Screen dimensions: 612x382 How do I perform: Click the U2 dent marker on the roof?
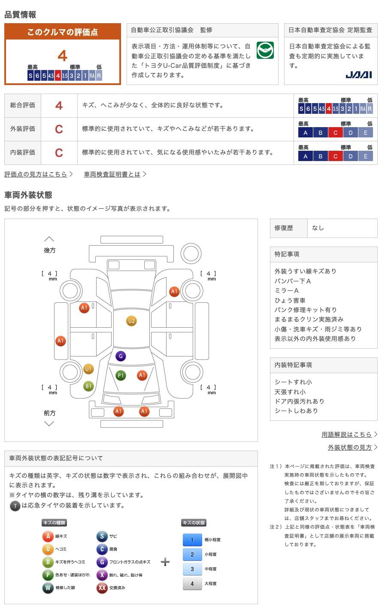[x=131, y=321]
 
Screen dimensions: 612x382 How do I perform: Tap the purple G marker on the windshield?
[x=121, y=356]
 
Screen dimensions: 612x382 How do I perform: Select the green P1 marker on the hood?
[x=121, y=376]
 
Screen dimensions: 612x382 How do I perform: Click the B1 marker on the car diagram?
[x=88, y=386]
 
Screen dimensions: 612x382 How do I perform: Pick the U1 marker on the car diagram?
[x=88, y=369]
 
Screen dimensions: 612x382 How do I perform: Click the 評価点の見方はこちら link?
[x=36, y=174]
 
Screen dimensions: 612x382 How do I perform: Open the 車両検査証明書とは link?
[x=112, y=174]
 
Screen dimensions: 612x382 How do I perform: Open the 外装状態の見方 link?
[x=350, y=447]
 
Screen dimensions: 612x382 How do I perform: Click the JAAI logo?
[x=359, y=75]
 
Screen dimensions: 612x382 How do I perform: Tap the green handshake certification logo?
[x=265, y=51]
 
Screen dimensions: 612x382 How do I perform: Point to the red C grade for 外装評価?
[x=59, y=129]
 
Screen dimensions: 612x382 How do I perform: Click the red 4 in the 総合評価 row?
[x=59, y=105]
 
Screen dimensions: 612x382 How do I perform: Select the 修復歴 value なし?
[x=318, y=228]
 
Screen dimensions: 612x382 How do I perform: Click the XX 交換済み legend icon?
[x=102, y=588]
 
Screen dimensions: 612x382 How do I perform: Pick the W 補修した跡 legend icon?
[x=48, y=588]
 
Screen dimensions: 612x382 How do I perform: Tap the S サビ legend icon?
[x=102, y=536]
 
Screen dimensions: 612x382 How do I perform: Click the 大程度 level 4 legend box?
[x=192, y=584]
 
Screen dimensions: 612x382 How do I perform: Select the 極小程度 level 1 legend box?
[x=192, y=540]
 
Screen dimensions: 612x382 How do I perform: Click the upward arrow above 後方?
[x=49, y=239]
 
